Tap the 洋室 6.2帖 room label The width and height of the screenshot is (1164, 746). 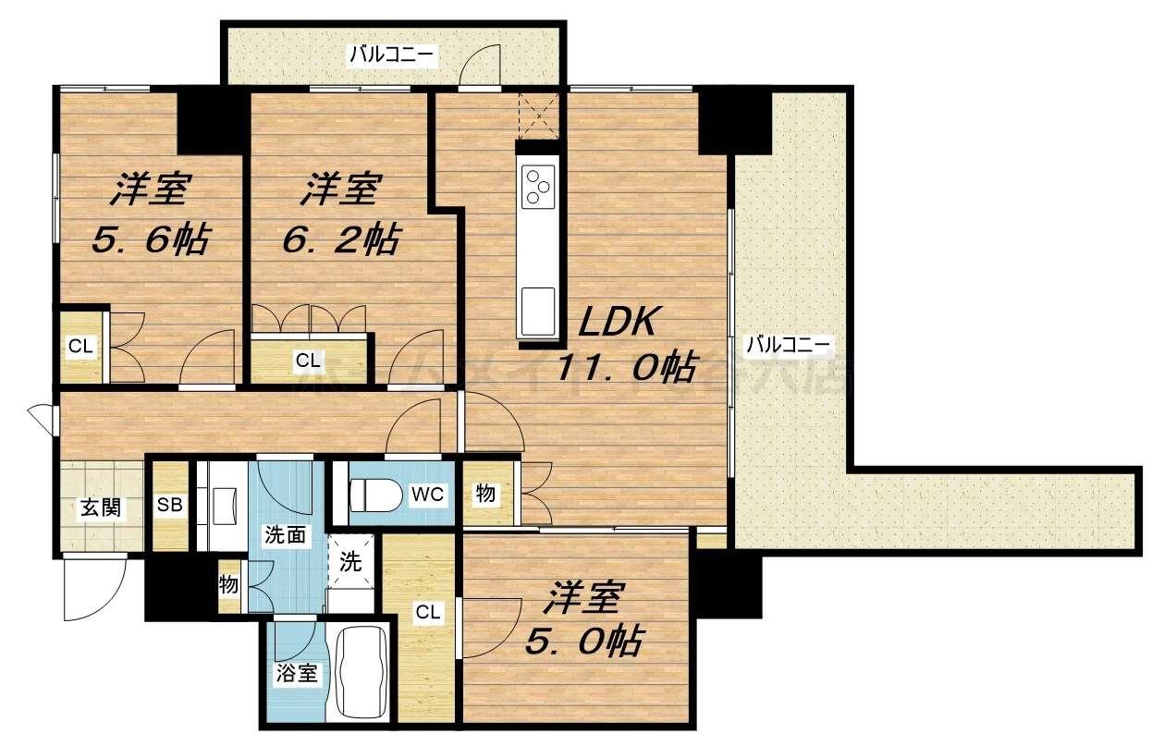coord(340,214)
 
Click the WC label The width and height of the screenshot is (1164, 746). coord(428,495)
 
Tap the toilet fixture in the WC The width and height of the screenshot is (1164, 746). coord(370,495)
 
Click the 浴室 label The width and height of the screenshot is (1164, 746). coord(297,673)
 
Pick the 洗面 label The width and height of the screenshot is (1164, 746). coord(283,534)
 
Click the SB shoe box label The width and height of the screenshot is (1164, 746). coord(169,506)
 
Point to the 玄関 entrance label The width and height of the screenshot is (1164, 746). coord(99,508)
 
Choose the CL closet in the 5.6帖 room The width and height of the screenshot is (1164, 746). coord(80,347)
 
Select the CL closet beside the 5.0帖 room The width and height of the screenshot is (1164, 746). coord(426,611)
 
